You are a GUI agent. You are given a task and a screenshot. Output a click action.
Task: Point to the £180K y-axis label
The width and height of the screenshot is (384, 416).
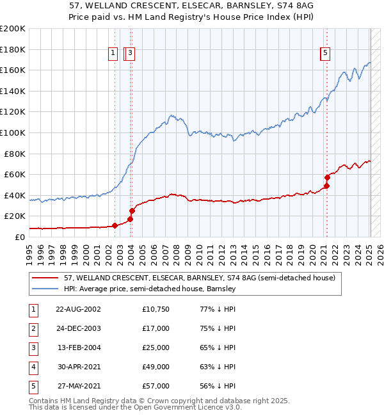coord(13,49)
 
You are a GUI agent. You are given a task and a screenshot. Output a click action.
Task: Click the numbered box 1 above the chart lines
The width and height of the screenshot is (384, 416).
coord(113,54)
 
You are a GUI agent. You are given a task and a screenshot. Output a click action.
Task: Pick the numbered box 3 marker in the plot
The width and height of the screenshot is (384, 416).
coord(130,54)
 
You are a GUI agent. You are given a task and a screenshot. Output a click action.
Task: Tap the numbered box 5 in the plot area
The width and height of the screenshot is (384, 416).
coord(325,54)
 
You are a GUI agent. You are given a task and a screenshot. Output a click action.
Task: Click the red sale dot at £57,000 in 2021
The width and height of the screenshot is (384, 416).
coord(327,177)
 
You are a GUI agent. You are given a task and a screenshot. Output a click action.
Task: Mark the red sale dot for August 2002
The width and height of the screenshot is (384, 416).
coord(115,225)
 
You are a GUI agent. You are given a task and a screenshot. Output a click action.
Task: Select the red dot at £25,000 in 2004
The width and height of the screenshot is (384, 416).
coord(132,211)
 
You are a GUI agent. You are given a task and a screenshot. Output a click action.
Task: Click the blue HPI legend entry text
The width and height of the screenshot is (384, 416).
coord(150,289)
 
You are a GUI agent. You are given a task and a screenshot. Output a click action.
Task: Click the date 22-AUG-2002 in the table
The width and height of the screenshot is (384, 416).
coord(78,309)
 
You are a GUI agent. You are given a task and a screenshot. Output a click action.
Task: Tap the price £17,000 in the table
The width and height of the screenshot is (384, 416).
coord(156,328)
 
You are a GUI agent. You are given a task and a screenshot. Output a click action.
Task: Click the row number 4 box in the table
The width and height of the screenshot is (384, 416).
coord(32,367)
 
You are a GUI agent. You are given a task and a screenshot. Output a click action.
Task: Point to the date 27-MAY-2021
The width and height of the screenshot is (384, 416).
coord(78,386)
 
